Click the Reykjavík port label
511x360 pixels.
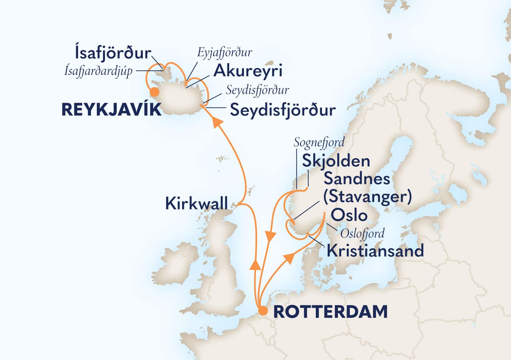112,110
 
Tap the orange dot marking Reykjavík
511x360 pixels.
154,92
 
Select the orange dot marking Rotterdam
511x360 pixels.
263,311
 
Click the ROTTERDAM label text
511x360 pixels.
330,312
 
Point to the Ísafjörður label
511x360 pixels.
113,53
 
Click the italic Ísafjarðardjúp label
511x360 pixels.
98,71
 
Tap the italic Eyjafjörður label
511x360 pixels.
224,52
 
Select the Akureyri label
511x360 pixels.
248,71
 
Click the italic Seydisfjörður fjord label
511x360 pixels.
257,90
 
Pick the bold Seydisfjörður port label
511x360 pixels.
283,110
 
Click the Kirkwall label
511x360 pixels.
196,203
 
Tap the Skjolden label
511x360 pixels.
336,161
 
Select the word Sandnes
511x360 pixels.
356,179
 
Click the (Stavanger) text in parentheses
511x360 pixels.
367,197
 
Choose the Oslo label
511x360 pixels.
349,215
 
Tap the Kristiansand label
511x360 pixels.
375,251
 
